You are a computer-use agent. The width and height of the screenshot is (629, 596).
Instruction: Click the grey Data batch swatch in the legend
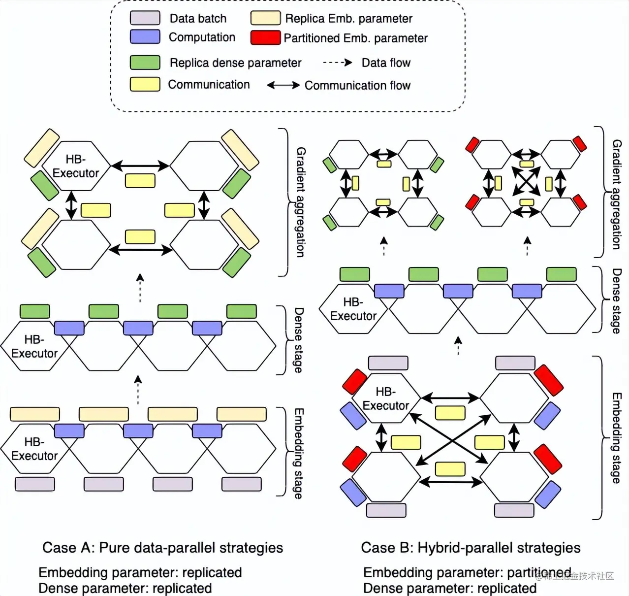click(x=145, y=18)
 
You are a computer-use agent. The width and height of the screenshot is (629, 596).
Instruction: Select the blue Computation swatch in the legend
click(x=145, y=37)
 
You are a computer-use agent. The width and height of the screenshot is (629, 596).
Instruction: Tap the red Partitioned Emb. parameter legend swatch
click(x=265, y=38)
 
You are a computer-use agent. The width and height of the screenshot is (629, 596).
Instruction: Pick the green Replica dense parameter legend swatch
click(x=145, y=63)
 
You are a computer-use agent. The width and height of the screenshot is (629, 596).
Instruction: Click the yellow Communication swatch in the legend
click(x=145, y=84)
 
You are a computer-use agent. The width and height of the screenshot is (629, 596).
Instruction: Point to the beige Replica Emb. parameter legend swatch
click(x=265, y=18)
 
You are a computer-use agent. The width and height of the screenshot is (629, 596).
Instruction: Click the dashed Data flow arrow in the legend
click(x=337, y=63)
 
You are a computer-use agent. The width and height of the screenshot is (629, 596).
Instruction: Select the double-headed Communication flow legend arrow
click(x=283, y=85)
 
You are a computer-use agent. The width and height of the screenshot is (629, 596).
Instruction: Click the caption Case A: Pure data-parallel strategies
click(x=162, y=548)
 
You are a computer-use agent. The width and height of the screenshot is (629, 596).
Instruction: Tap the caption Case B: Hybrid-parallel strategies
click(x=471, y=548)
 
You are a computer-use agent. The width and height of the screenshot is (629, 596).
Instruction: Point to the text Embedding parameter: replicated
click(x=140, y=572)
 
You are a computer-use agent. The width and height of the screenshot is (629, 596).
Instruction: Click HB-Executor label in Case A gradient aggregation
click(x=76, y=166)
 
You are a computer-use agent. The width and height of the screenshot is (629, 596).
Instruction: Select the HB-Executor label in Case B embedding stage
click(x=386, y=398)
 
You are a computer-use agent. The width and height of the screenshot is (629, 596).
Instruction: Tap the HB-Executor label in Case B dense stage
click(x=353, y=309)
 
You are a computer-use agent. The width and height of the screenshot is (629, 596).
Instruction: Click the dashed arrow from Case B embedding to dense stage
click(x=458, y=346)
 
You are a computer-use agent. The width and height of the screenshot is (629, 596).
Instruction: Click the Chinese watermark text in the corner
click(x=576, y=576)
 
